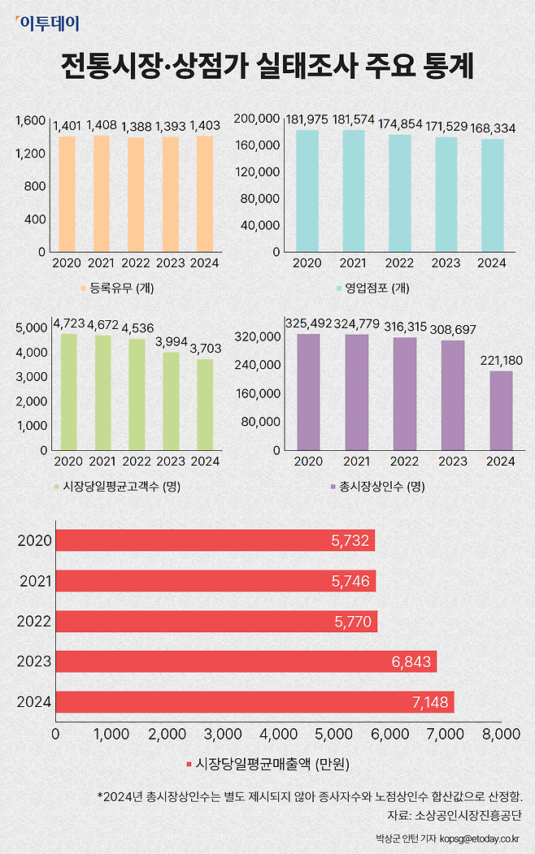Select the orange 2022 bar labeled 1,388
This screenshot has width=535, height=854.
coord(135,194)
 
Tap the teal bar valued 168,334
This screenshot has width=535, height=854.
coord(492,195)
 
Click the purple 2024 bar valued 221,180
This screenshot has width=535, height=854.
coord(501,410)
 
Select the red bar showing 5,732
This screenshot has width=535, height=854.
coord(215,540)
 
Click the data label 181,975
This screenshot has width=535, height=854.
coord(307,119)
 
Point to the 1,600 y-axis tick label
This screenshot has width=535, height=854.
coord(30,120)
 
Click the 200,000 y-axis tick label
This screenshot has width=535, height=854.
coord(257,119)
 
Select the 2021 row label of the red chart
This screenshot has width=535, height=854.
coord(35,581)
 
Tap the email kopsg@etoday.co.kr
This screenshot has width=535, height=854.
coord(480,839)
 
